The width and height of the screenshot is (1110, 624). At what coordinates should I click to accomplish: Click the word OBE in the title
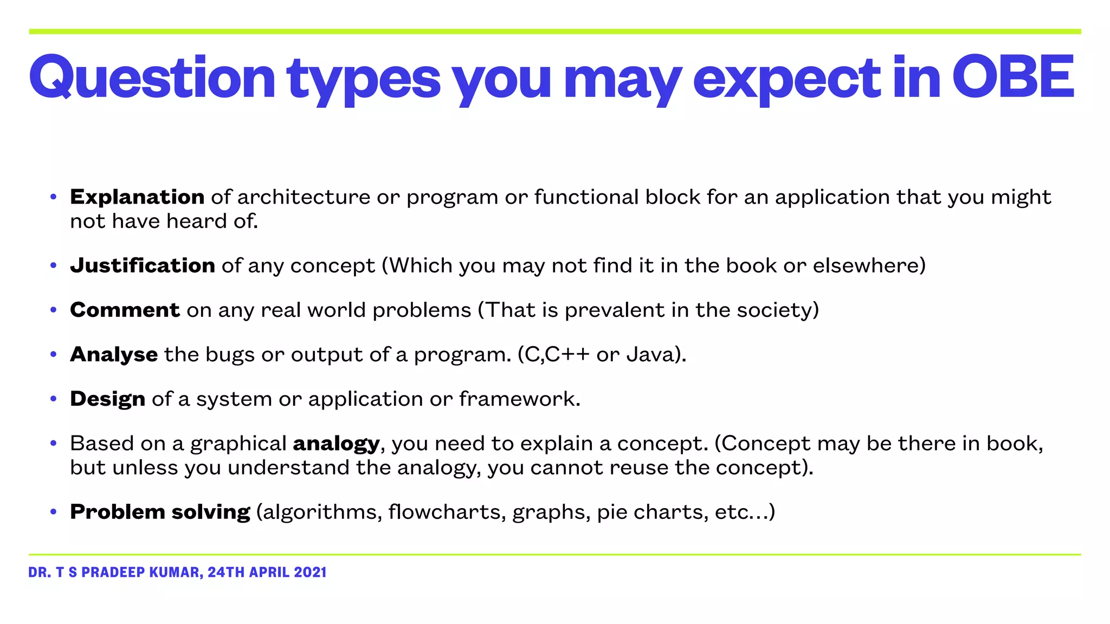click(1012, 77)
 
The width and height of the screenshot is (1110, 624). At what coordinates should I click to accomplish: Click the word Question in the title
click(152, 77)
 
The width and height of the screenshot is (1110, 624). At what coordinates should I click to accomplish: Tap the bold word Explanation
click(137, 197)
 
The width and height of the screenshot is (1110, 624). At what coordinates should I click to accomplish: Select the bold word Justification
click(143, 265)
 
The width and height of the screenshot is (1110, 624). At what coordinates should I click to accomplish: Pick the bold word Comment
click(125, 310)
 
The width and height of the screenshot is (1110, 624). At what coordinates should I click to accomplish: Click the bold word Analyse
click(114, 354)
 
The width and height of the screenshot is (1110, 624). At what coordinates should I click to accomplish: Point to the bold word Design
click(107, 399)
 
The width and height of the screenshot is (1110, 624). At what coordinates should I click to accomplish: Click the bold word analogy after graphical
click(336, 444)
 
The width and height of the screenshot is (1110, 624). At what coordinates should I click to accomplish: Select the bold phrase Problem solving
click(160, 512)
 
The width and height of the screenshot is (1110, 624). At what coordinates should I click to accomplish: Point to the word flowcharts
click(447, 512)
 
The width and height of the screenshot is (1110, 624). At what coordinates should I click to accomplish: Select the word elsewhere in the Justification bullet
click(865, 265)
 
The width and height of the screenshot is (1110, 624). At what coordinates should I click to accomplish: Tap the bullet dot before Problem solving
click(53, 512)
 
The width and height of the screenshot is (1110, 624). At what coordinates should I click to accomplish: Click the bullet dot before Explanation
click(53, 197)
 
